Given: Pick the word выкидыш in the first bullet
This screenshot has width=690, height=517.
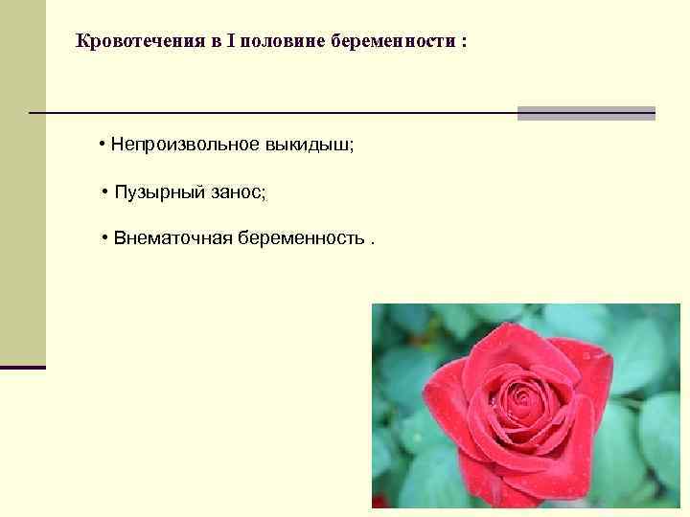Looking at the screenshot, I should tap(317, 145).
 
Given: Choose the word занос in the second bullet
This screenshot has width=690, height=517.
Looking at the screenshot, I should tap(237, 192).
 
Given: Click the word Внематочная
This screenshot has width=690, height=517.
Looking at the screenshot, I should tap(167, 237).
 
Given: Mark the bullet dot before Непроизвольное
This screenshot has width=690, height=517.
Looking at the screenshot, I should tap(102, 145).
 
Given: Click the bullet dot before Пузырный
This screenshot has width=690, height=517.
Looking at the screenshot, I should tap(105, 192).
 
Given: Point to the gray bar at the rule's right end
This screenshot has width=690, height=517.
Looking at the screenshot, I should tap(586, 113).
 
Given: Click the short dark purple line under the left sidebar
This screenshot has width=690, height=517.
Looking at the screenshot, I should tap(22, 367).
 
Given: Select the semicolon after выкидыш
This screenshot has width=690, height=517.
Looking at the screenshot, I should tap(352, 146).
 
